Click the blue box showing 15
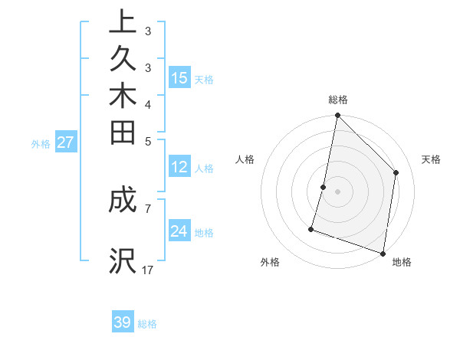click(x=179, y=77)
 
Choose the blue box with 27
click(x=66, y=142)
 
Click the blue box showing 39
click(x=123, y=322)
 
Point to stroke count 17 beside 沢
click(x=148, y=270)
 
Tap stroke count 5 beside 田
click(x=147, y=141)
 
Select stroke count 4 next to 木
click(x=147, y=104)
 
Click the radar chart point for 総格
click(x=337, y=116)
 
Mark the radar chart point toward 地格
click(x=383, y=253)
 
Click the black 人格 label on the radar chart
click(x=245, y=159)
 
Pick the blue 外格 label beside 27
click(x=41, y=143)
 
